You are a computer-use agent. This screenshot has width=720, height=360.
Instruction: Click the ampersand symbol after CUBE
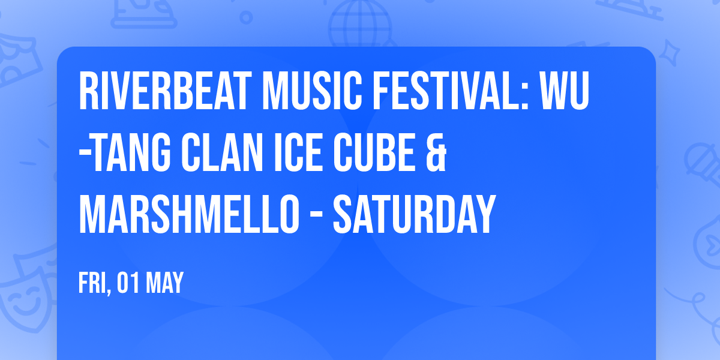pos(438,154)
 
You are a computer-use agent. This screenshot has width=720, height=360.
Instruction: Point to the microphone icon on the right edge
pos(699,159)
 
